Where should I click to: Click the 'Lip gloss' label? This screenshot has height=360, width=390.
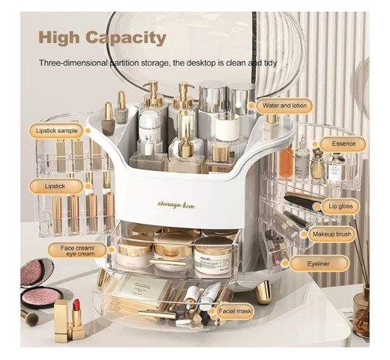(340, 206)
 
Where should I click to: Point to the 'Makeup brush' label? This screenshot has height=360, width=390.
(330, 235)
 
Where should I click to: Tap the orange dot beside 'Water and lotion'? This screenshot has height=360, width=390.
(251, 106)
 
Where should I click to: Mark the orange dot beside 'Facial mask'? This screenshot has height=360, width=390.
(214, 311)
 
